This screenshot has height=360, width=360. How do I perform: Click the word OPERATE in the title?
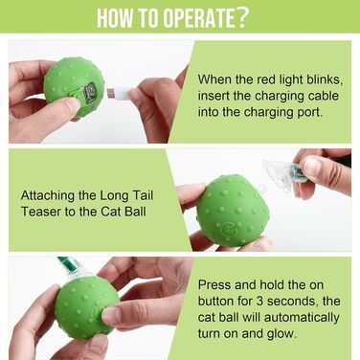coord(199,17)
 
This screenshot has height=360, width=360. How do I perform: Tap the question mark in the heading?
coord(241,17)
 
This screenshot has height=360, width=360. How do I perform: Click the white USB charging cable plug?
coord(119,92)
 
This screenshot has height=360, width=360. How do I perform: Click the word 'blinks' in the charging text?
coord(325,79)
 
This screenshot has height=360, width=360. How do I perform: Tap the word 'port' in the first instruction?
coord(310,113)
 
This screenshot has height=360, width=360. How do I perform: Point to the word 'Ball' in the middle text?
coord(135,212)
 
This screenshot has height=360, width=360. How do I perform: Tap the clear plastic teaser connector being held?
coord(281,175)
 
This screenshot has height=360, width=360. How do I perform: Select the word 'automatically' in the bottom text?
coord(302,318)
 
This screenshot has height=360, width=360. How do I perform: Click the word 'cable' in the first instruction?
coord(323,96)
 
